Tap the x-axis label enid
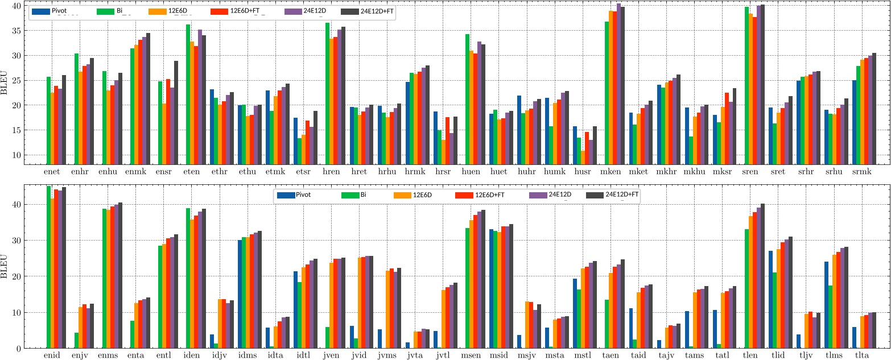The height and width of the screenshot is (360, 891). (56, 354)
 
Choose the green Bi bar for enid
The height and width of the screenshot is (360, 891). (48, 267)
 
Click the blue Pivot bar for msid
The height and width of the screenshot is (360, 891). (491, 288)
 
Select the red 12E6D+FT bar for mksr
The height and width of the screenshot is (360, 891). (727, 129)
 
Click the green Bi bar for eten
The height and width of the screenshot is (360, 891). (188, 94)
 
